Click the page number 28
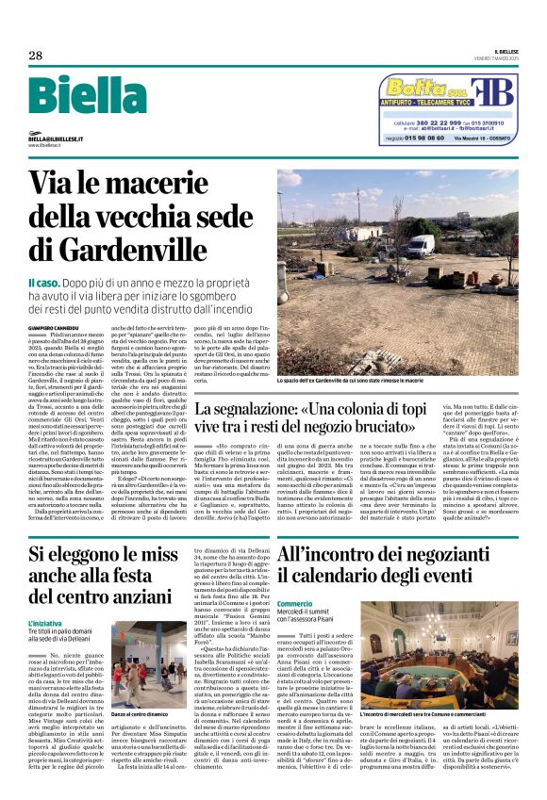pyautogui.click(x=36, y=55)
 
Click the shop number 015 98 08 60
pyautogui.click(x=426, y=139)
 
